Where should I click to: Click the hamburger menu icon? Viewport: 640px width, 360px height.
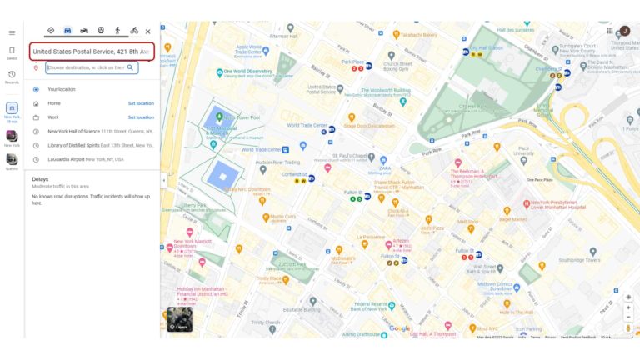coord(12,32)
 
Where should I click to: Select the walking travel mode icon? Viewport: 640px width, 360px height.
coord(117,31)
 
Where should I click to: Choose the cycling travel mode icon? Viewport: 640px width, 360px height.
coord(134,31)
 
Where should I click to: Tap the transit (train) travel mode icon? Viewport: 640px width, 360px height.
coord(101,31)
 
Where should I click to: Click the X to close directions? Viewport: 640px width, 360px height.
coord(148,32)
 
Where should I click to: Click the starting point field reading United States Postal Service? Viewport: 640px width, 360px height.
coord(91,52)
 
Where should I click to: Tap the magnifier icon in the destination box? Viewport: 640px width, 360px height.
coord(130,67)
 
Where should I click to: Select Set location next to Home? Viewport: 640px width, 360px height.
coord(140,103)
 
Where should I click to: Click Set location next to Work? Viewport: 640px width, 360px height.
coord(140,117)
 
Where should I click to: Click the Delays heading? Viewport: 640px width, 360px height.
coord(40,179)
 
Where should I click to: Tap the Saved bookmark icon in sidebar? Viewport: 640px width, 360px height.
coord(12,52)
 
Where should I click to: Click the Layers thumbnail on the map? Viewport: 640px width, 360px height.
coord(180,319)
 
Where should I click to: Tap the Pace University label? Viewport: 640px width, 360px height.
coord(524,152)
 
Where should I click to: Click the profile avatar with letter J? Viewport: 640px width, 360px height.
coord(624,31)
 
